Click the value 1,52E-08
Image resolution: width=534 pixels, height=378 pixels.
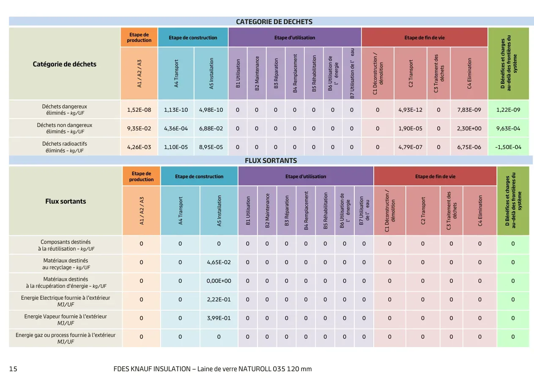click(x=139, y=110)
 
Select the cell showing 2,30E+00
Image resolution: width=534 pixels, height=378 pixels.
click(x=469, y=128)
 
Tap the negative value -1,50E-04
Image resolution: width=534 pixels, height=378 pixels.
click(x=508, y=147)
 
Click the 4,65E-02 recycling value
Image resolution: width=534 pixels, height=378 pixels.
click(x=219, y=262)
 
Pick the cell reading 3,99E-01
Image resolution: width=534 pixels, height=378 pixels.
click(x=219, y=318)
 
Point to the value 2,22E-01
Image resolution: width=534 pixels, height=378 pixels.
click(x=219, y=300)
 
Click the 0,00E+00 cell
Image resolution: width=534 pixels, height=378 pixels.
click(x=219, y=281)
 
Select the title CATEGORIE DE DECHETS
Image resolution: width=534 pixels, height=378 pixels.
click(x=274, y=22)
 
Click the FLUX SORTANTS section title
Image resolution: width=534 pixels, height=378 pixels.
click(x=271, y=160)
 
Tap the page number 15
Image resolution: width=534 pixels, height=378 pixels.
click(x=13, y=369)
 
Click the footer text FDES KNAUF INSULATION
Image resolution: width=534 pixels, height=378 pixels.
click(x=152, y=369)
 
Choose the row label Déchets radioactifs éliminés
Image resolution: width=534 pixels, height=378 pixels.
click(x=65, y=147)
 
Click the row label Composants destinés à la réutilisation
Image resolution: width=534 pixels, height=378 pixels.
click(x=66, y=246)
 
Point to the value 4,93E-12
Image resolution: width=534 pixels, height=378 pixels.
click(x=410, y=110)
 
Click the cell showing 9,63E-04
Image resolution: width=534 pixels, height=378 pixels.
click(x=508, y=128)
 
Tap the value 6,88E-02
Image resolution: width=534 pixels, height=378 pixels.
click(x=211, y=128)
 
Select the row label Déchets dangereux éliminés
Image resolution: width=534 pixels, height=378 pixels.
click(x=65, y=110)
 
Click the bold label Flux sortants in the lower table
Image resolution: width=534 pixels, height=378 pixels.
click(x=66, y=201)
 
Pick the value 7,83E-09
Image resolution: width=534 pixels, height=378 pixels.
click(x=469, y=110)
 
